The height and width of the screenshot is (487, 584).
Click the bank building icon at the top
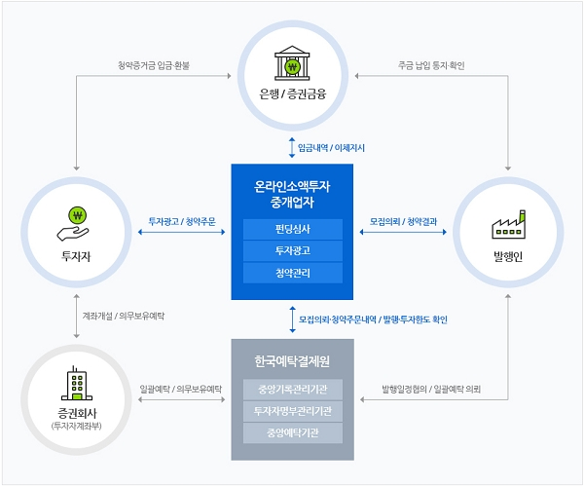tap(292, 65)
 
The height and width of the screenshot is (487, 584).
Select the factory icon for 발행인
tap(508, 224)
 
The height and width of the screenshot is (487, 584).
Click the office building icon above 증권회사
tap(74, 383)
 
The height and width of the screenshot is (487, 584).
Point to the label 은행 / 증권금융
tap(292, 95)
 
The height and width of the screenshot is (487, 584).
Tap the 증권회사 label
tap(74, 413)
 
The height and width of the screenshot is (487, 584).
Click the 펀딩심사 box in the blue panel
tap(293, 230)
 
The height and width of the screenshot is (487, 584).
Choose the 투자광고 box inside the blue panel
tap(293, 251)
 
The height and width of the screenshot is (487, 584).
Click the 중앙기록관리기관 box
tap(293, 391)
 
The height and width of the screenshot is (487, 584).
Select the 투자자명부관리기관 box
tap(293, 410)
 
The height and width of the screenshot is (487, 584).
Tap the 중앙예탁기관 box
tap(293, 431)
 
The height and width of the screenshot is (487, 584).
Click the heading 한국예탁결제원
tap(293, 361)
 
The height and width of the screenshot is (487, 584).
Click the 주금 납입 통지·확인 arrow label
tap(432, 66)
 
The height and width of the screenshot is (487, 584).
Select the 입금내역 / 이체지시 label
tap(331, 147)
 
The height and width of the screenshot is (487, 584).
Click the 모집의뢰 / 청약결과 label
tap(403, 221)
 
